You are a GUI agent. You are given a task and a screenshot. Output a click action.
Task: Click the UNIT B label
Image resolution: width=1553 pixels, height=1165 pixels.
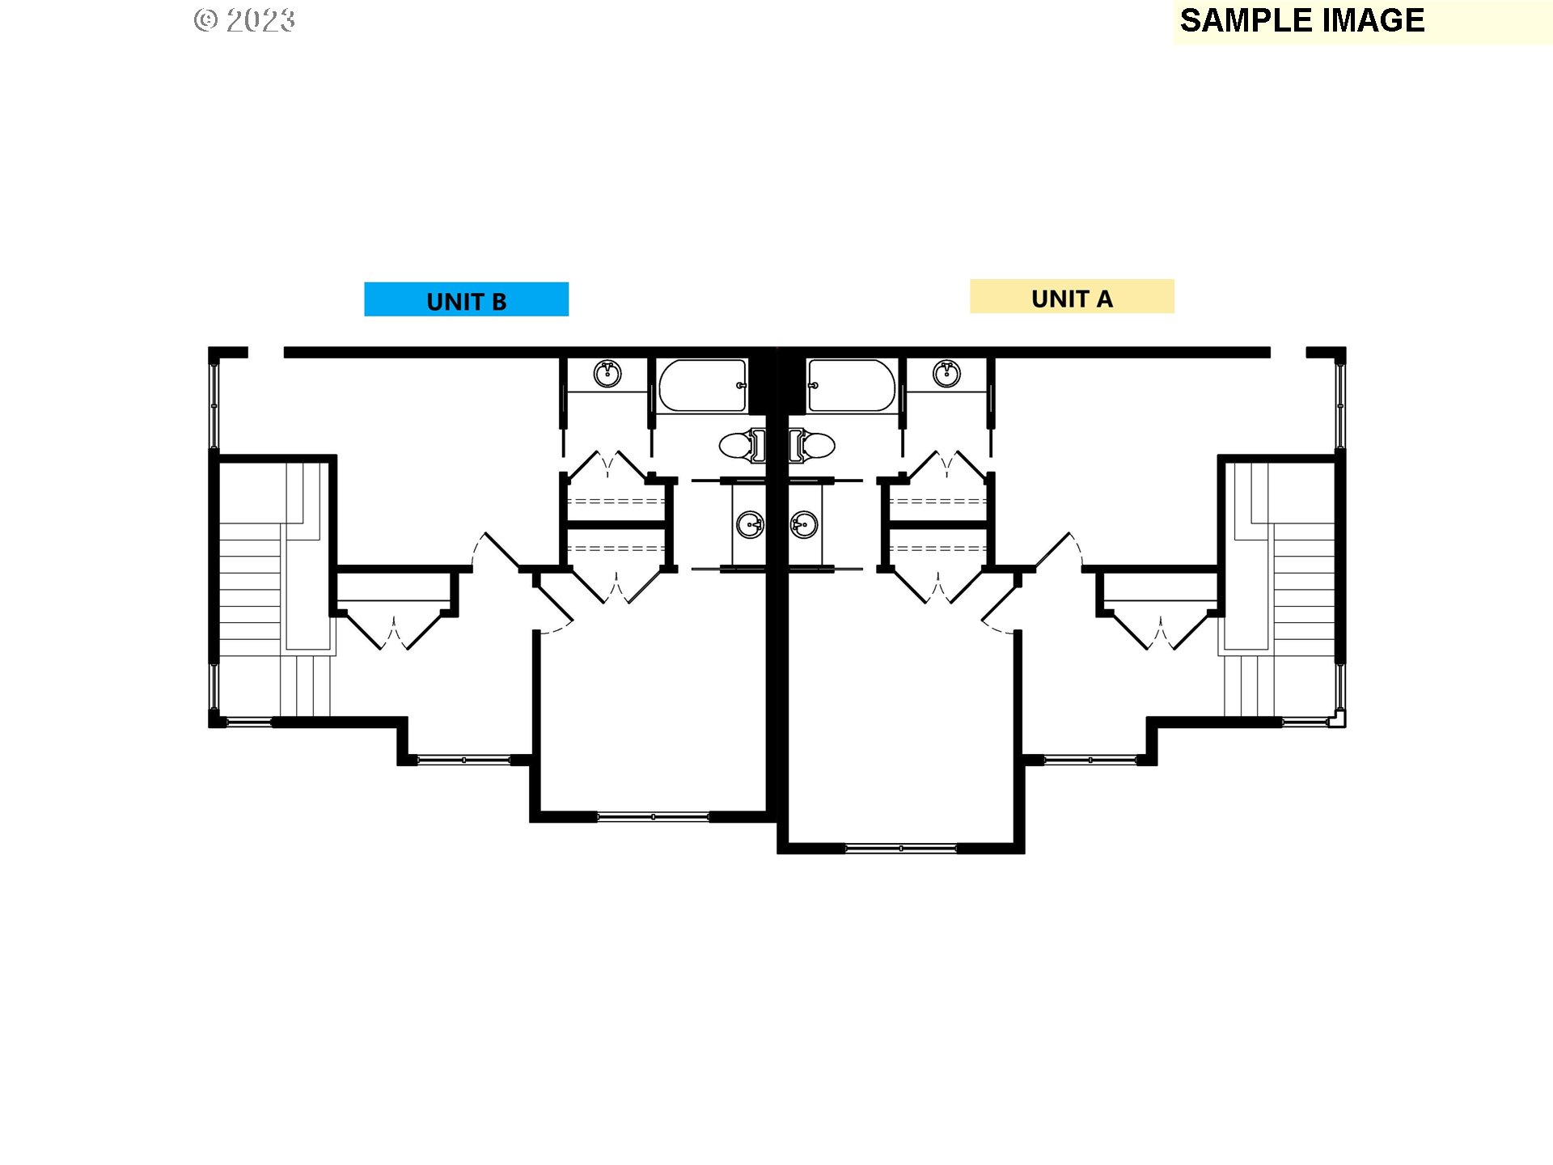[x=466, y=300]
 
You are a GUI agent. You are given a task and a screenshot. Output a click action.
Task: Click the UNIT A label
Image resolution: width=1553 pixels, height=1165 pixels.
[x=1071, y=298]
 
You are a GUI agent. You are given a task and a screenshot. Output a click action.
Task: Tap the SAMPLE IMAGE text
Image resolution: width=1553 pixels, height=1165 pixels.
[x=1301, y=20]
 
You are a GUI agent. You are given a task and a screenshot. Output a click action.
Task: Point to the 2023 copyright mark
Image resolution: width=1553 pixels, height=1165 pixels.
[x=245, y=20]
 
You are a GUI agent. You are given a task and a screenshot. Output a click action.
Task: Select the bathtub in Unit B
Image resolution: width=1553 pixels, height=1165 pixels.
[x=701, y=386]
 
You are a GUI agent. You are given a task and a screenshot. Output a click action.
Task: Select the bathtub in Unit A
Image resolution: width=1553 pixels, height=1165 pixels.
[x=851, y=386]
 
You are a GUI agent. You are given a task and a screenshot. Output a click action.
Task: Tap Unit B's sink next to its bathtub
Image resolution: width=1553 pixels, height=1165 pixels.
[x=607, y=375]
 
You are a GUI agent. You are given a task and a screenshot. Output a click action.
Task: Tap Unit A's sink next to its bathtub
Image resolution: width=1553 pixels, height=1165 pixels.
[x=946, y=375]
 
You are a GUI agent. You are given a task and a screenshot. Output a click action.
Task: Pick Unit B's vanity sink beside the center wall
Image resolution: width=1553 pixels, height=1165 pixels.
[x=750, y=524]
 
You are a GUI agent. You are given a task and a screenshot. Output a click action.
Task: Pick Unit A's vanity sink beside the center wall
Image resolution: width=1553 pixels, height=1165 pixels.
[x=804, y=524]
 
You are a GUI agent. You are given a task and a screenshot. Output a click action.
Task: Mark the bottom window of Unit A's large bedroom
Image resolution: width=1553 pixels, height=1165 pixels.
[x=900, y=849]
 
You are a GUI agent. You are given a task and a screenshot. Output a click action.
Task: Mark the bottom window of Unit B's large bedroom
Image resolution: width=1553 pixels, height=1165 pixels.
[x=653, y=817]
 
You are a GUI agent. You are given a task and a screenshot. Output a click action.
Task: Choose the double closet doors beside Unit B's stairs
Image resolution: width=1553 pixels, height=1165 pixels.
[x=394, y=631]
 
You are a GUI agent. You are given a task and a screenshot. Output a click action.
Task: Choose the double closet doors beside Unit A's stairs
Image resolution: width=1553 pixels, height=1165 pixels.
[x=1160, y=631]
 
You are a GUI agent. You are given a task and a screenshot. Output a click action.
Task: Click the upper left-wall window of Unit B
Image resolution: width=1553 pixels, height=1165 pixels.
[x=214, y=405]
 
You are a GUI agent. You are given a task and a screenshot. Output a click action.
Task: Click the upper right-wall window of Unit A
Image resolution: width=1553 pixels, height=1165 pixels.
[x=1339, y=405]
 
